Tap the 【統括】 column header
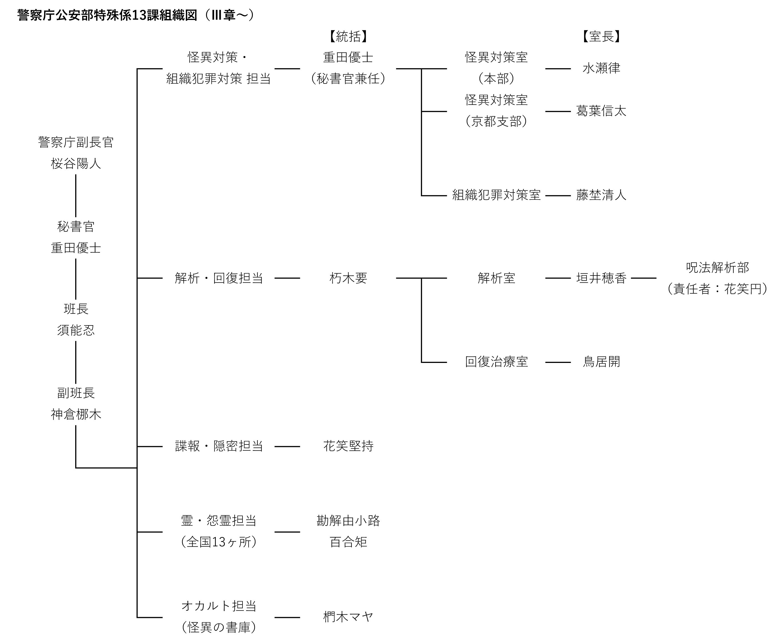click(348, 36)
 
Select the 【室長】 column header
click(601, 36)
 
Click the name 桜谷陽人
click(76, 163)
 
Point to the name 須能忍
click(76, 330)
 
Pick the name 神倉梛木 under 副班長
click(76, 415)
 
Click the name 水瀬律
click(601, 68)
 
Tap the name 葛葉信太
click(601, 111)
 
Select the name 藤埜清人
click(601, 195)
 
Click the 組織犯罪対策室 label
click(496, 195)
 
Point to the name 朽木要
click(348, 278)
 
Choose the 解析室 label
click(496, 278)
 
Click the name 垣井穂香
click(601, 278)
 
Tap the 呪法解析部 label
click(717, 267)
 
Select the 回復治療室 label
click(496, 362)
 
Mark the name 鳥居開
click(601, 362)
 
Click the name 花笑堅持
click(348, 446)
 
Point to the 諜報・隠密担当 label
click(219, 446)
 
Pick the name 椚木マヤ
click(348, 617)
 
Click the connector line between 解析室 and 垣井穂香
click(558, 278)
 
